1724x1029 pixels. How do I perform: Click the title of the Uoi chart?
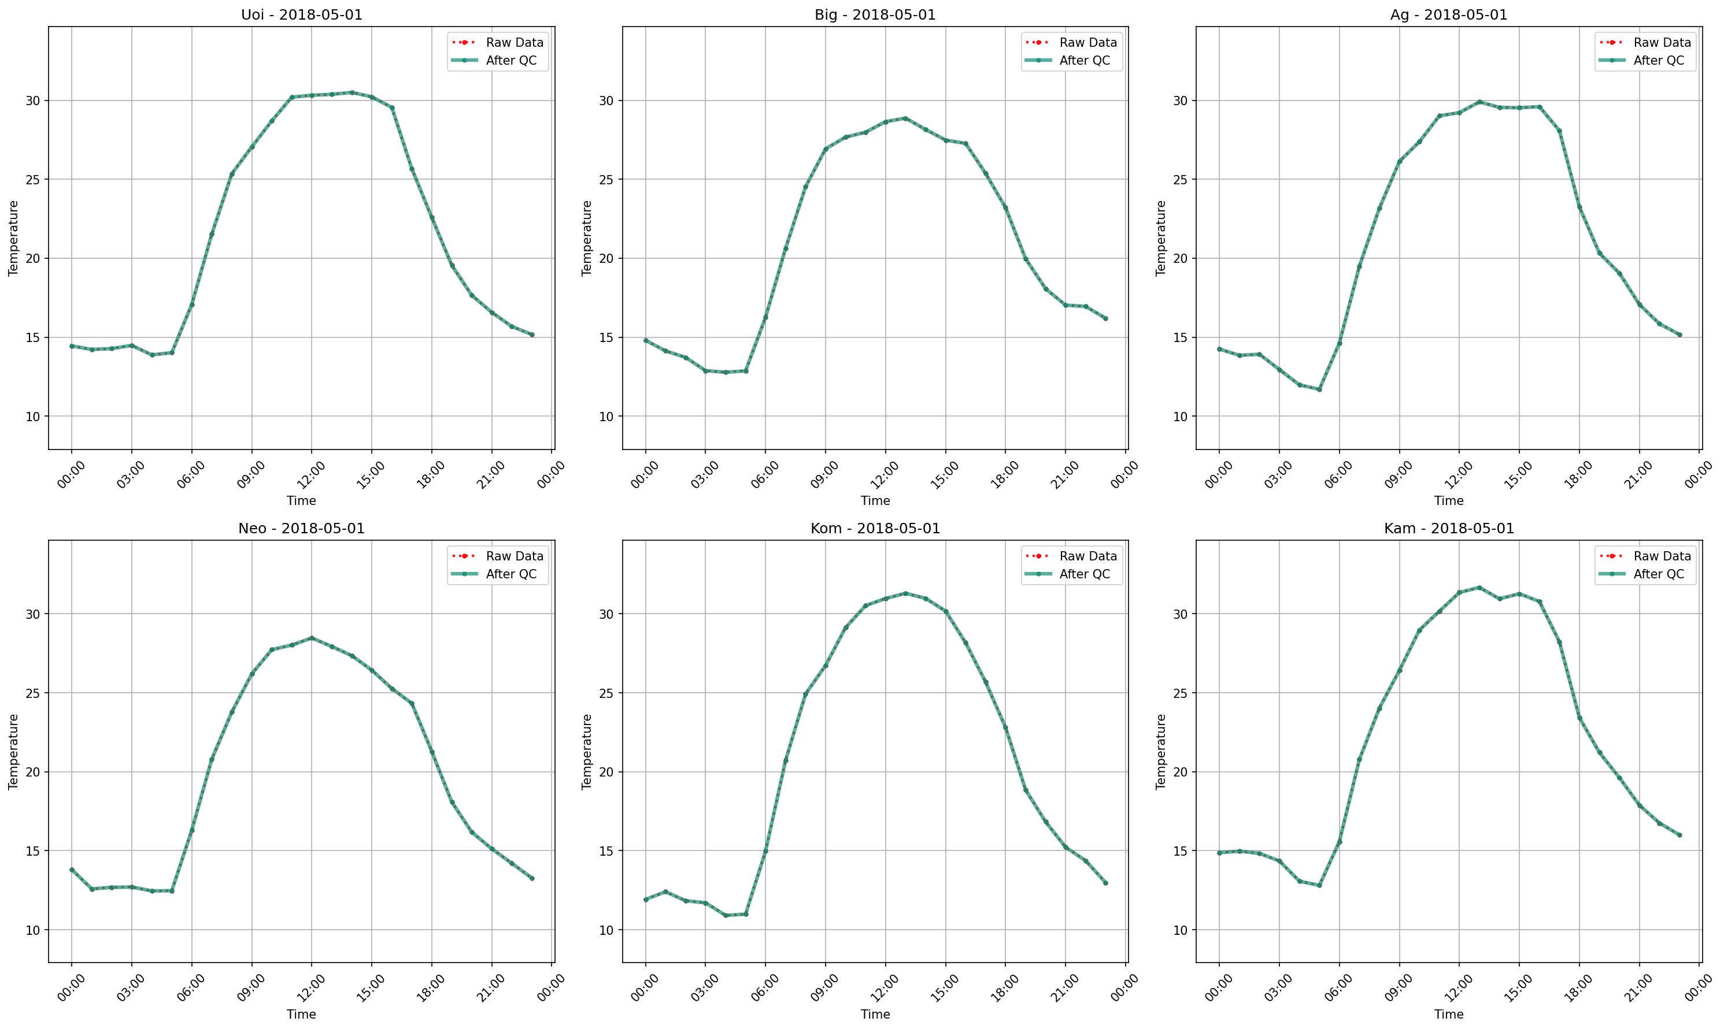[x=301, y=14]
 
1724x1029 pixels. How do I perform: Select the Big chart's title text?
[x=875, y=14]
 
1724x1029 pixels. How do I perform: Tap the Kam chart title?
[x=1449, y=529]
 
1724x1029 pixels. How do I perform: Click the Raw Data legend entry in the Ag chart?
[x=1662, y=42]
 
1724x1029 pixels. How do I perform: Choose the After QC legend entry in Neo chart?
[x=510, y=574]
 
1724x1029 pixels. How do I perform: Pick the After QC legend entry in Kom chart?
[x=1085, y=574]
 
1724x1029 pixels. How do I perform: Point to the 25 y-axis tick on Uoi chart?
[x=34, y=180]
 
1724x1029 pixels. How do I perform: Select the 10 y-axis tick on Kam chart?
[x=1180, y=930]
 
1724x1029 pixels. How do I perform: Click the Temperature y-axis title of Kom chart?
[x=587, y=752]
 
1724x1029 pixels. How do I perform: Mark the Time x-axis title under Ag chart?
[x=1449, y=500]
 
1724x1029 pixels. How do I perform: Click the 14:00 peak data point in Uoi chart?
[x=352, y=92]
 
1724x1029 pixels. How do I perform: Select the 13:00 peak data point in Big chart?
[x=905, y=118]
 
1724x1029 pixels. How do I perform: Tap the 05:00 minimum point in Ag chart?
[x=1319, y=389]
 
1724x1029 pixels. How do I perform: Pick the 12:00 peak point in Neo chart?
[x=312, y=638]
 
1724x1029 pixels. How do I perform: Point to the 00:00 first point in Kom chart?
[x=645, y=900]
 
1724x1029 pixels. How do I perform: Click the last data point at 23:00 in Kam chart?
[x=1679, y=835]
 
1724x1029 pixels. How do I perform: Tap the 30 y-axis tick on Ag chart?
[x=1180, y=101]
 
